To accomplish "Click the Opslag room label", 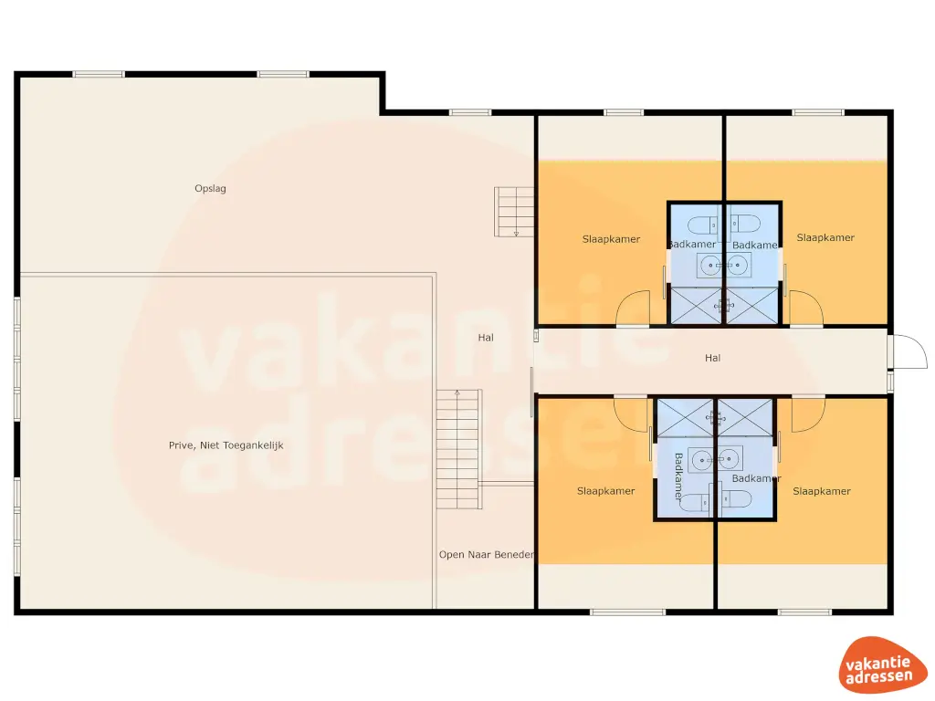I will pos(210,189).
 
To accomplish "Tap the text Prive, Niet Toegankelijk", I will pos(227,445).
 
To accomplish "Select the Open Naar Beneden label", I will pos(486,554).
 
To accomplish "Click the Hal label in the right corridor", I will pos(712,358).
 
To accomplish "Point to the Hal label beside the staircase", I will pos(486,337).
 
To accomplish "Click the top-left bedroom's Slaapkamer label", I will pos(611,239).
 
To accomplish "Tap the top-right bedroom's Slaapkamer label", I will pos(825,237).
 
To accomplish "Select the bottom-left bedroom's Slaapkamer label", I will pos(605,491).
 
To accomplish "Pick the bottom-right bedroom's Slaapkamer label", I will pos(822,491).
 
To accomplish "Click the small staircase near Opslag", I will pos(514,211).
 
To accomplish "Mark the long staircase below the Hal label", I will pos(457,449).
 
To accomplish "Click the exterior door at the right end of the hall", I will pos(904,351).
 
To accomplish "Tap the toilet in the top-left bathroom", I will pos(704,225).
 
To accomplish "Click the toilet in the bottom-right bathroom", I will pos(735,498).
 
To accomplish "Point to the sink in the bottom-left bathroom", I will pos(701,458).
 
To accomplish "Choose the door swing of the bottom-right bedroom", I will pos(807,414).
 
